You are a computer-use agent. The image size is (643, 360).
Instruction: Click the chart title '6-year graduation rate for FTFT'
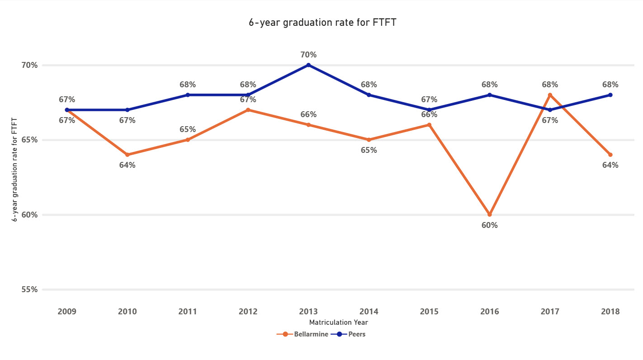click(322, 23)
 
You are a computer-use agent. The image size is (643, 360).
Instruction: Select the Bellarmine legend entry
click(303, 335)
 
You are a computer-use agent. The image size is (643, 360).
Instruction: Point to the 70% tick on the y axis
click(30, 65)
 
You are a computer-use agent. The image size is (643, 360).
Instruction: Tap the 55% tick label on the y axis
click(30, 289)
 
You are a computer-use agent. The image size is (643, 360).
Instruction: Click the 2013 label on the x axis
click(308, 312)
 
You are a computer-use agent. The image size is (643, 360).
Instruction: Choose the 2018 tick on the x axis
click(610, 312)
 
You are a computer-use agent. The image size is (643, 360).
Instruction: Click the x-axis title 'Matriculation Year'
click(338, 322)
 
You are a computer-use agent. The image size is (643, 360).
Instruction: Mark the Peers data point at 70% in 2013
click(308, 65)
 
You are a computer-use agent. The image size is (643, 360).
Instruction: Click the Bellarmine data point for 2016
click(489, 214)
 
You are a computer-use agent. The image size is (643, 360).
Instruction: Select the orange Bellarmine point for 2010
click(127, 155)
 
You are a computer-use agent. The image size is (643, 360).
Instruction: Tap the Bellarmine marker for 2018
click(610, 155)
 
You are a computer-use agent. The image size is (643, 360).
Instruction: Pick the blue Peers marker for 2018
click(610, 95)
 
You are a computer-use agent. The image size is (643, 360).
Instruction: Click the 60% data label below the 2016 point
click(489, 225)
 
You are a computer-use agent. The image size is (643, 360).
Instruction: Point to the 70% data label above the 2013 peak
click(308, 55)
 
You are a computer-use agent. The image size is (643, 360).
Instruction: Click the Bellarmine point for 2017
click(550, 95)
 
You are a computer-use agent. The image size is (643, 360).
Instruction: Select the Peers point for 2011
click(188, 95)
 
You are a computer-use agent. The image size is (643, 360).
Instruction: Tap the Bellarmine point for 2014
click(369, 140)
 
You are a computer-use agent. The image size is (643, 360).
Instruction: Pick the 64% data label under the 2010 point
click(127, 165)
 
